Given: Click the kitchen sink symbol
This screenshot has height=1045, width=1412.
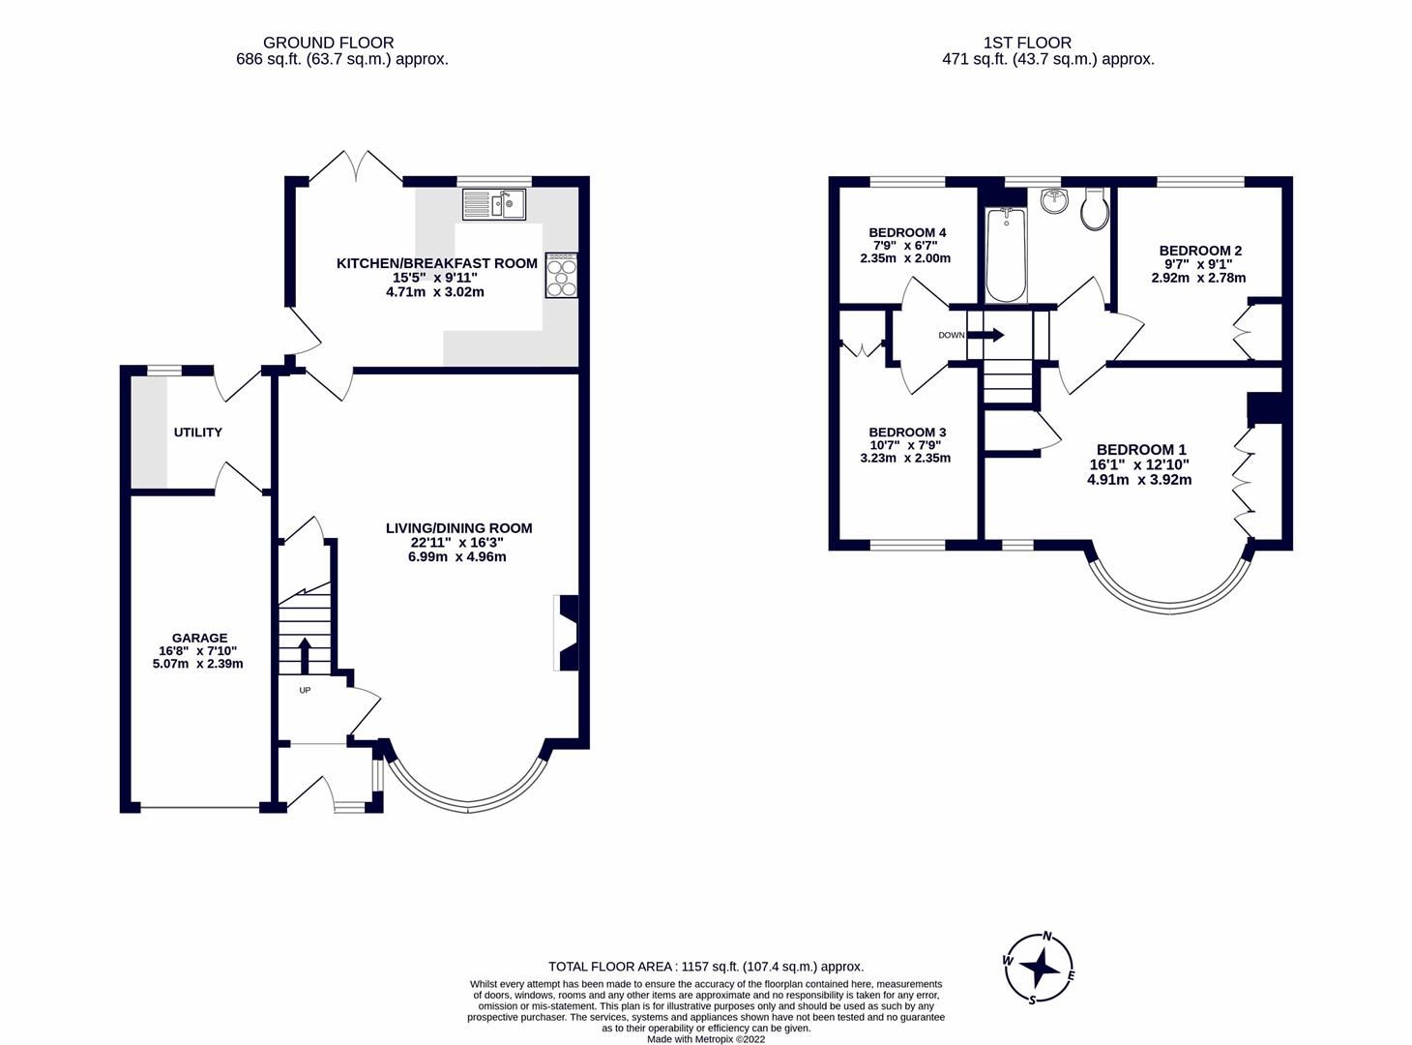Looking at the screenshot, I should (x=493, y=204).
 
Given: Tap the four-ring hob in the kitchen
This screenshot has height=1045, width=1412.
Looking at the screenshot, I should (x=561, y=275).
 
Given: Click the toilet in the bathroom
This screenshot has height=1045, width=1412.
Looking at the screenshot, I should (x=1095, y=209).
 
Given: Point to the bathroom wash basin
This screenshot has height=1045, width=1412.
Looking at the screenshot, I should (x=1053, y=201).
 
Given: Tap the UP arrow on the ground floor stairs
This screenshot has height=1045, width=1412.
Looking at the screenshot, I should (x=306, y=655).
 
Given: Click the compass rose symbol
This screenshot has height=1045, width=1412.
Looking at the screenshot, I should (x=1040, y=968).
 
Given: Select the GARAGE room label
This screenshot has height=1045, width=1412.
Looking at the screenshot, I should (x=199, y=638).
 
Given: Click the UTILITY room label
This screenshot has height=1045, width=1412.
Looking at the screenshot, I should (x=198, y=433).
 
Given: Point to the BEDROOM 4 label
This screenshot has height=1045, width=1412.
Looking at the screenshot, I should (x=906, y=232).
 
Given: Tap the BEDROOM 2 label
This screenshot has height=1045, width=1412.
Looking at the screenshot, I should (x=1199, y=251).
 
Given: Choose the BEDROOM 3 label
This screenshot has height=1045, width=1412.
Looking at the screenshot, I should (x=906, y=432).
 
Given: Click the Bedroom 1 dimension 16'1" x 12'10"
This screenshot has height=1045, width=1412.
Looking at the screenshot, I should (x=1139, y=464).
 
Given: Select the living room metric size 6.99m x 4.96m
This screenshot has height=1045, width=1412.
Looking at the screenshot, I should (x=458, y=556).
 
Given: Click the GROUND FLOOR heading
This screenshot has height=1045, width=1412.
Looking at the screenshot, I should (x=328, y=43).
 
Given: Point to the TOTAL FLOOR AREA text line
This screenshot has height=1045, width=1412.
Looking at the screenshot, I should (x=705, y=966).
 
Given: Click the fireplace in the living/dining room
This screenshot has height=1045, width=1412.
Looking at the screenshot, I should (x=568, y=633).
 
